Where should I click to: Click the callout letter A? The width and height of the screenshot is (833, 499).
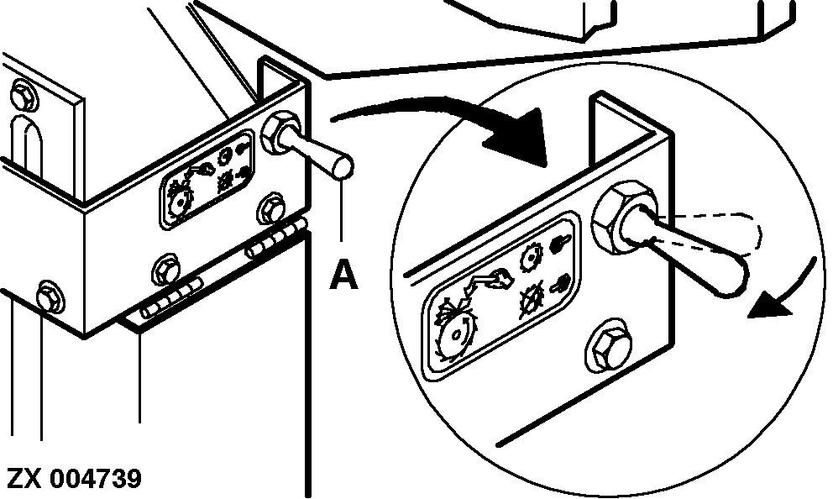[343, 274]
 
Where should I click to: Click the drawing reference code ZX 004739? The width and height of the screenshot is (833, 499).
[75, 478]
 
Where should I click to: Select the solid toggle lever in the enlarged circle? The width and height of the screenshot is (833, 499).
[690, 249]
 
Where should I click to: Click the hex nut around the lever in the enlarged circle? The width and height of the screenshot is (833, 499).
[621, 217]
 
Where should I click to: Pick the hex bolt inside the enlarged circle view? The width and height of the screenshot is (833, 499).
[609, 346]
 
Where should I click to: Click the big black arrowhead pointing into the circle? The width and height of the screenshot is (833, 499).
[518, 137]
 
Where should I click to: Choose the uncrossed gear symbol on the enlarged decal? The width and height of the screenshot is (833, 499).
[532, 255]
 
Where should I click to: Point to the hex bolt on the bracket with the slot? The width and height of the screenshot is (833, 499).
[24, 96]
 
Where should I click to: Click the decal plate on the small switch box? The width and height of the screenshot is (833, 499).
[207, 181]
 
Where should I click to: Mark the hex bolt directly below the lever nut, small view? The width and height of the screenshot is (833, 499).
[272, 208]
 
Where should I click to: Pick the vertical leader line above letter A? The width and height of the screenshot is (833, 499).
[342, 210]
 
